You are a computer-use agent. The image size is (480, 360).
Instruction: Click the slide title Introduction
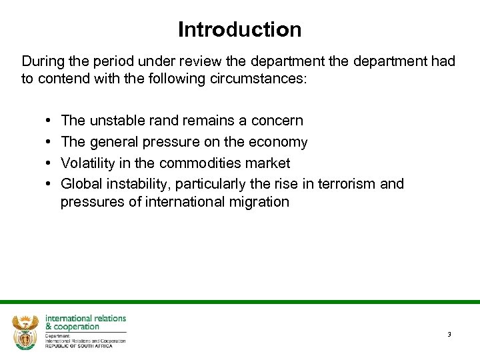click(x=239, y=29)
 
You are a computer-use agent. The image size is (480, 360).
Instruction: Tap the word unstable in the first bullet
click(x=115, y=121)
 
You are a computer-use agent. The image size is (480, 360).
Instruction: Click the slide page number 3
click(x=449, y=334)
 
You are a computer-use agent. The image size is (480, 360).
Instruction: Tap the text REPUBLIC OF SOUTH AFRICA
click(x=78, y=345)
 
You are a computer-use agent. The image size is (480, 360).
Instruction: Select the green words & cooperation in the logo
click(x=72, y=327)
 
